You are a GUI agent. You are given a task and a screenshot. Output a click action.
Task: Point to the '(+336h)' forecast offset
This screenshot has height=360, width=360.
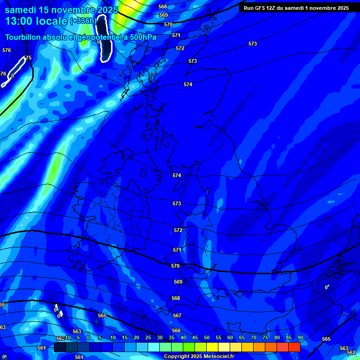(x=83, y=21)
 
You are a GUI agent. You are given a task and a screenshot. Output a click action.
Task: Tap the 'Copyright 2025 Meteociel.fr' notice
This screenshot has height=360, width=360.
(x=199, y=357)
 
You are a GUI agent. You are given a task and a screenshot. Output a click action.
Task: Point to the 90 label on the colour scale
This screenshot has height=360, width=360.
(x=300, y=337)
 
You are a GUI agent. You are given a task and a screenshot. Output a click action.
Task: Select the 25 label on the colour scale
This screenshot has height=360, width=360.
(x=148, y=337)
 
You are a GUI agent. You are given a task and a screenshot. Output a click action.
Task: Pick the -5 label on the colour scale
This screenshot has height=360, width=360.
(x=77, y=337)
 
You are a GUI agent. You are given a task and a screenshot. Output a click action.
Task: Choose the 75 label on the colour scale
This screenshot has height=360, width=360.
(x=265, y=337)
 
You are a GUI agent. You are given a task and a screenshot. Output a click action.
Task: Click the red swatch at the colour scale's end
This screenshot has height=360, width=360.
(x=294, y=347)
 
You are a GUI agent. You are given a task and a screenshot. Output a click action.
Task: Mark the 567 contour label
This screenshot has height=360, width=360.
(x=177, y=315)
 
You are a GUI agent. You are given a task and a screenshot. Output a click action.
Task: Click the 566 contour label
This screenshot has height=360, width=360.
(x=176, y=330)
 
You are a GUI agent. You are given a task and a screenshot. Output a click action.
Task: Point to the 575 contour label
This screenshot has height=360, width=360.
(x=27, y=58)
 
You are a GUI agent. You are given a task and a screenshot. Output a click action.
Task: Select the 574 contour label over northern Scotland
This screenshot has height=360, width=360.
(x=188, y=84)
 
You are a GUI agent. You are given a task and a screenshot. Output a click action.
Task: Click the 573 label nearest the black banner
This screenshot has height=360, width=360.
(x=253, y=44)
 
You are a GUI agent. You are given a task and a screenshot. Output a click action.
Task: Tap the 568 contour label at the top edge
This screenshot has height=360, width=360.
(x=163, y=7)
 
